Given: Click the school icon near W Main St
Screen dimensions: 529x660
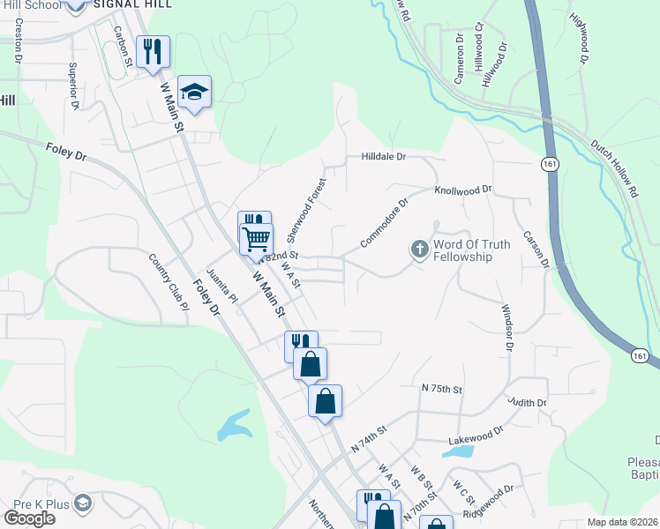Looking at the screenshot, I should point(194,91).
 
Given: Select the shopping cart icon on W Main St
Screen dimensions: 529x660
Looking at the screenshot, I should point(257,238).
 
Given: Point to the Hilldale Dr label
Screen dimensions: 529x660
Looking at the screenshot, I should point(383,156).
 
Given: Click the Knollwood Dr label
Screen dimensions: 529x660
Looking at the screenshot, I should point(462,190).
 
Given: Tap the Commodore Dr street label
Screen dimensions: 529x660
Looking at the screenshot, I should point(385,222).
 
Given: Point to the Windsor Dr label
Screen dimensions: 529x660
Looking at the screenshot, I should point(507,327).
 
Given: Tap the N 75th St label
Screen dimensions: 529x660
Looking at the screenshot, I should point(442,388).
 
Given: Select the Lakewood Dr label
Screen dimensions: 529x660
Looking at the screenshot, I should point(476,432).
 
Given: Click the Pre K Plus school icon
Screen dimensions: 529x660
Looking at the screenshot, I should point(83,503).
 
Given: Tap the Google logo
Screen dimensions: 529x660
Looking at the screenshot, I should point(29,518).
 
